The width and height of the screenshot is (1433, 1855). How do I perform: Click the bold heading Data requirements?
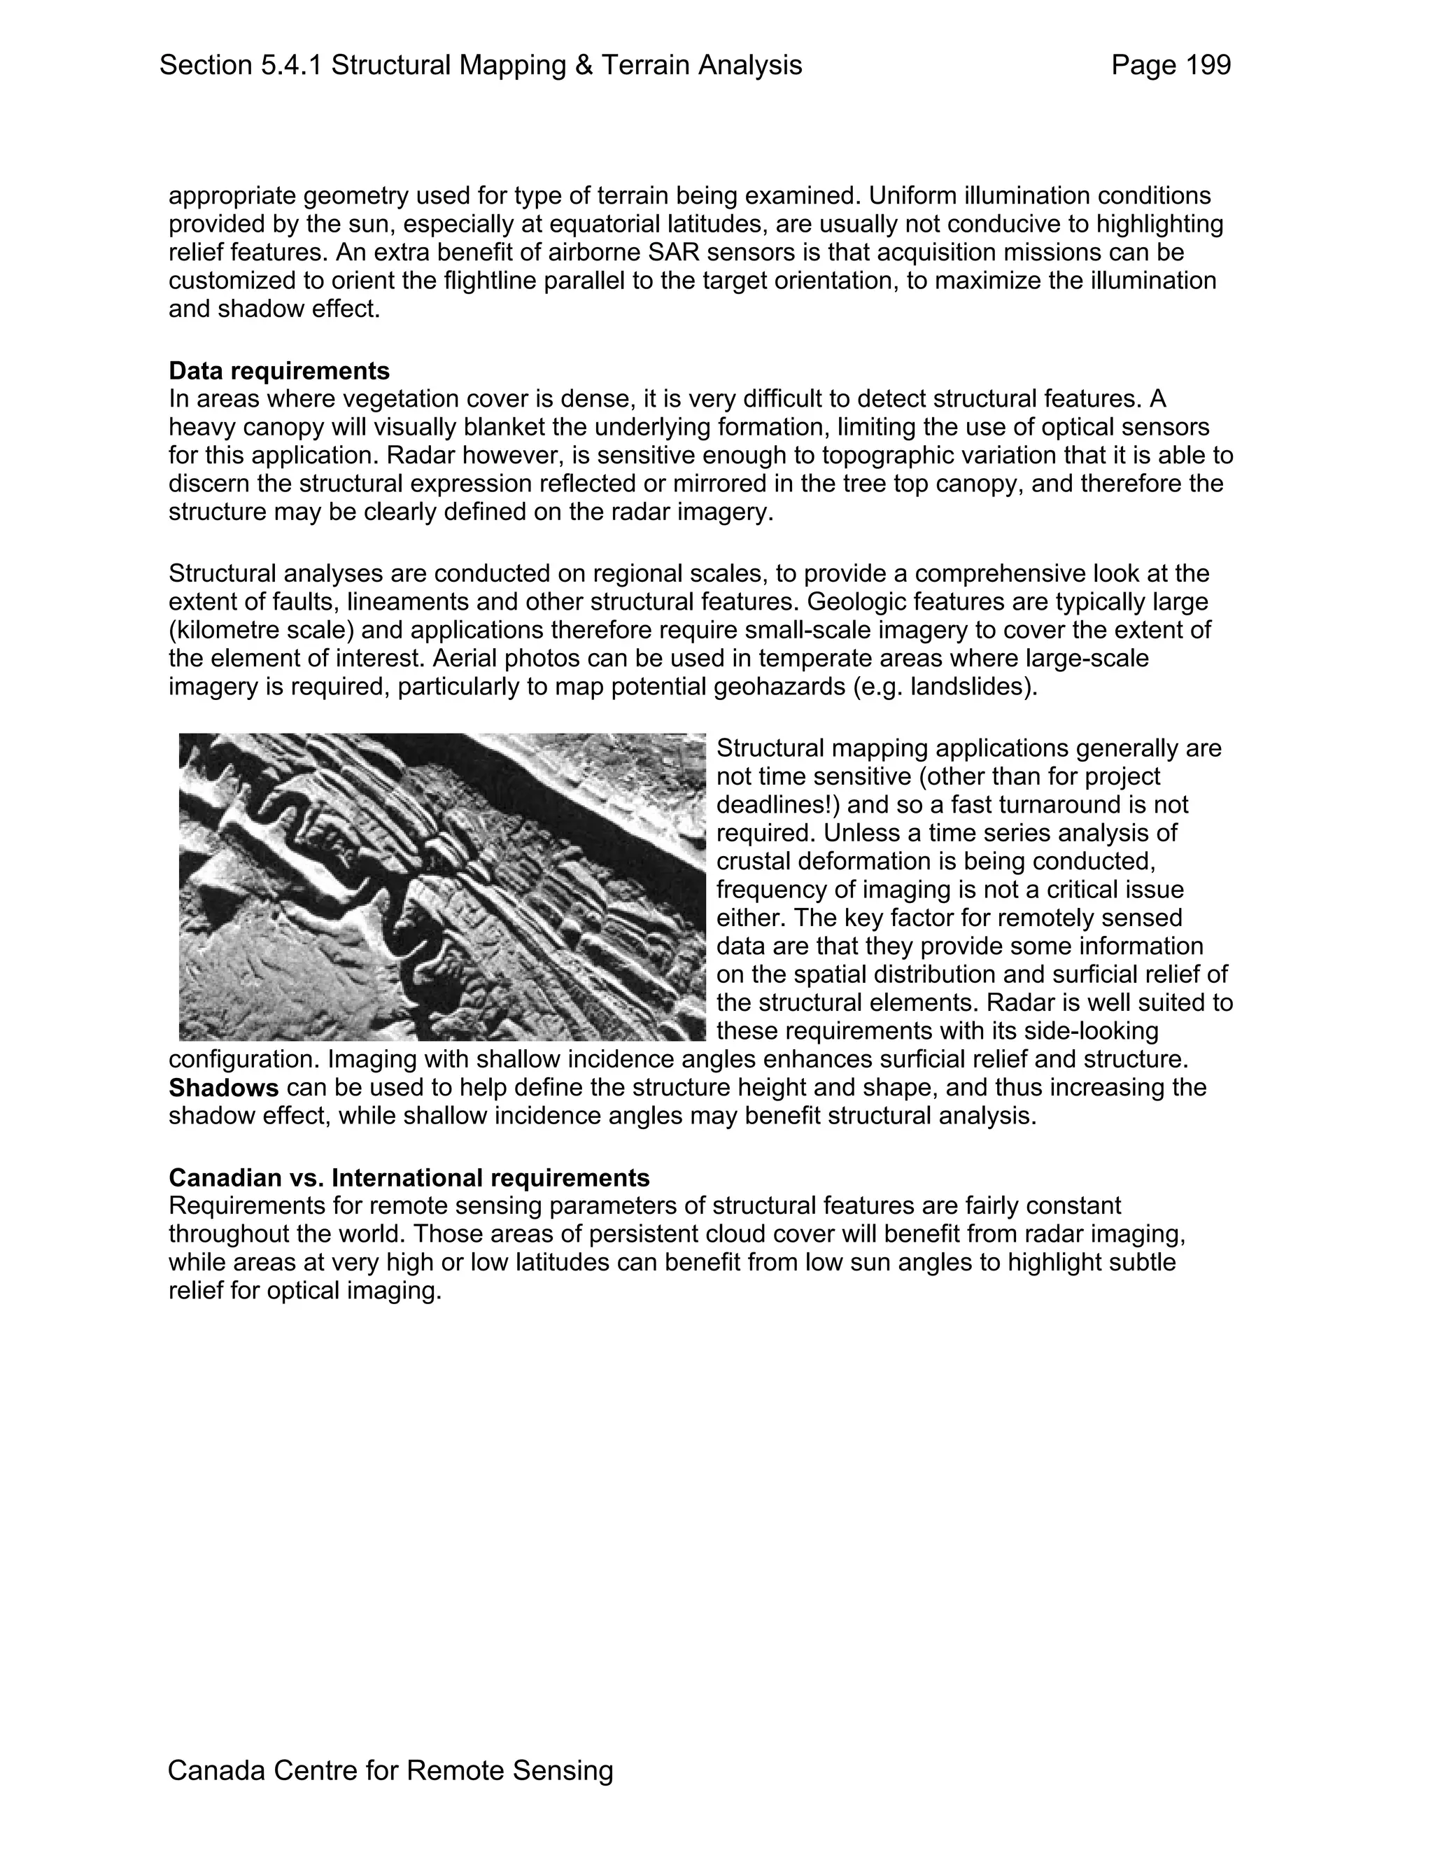tap(279, 371)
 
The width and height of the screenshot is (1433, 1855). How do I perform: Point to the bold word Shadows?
tap(223, 1088)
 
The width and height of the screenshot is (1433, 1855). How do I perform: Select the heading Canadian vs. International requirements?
tap(409, 1178)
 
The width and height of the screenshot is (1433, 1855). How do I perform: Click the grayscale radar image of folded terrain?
tap(442, 887)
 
